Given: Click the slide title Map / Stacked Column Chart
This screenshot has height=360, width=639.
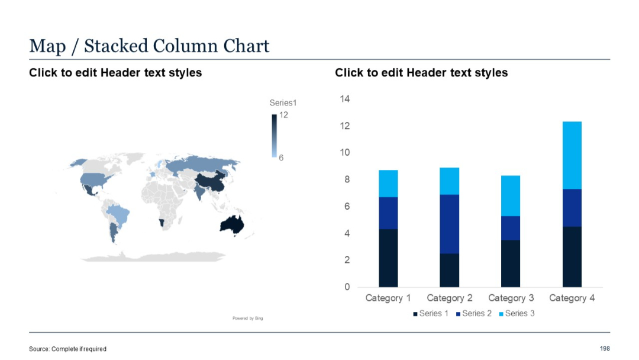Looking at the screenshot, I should click(x=149, y=46).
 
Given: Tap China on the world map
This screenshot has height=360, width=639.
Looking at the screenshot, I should click(x=210, y=183).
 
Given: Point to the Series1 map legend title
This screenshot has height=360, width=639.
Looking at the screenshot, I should click(x=282, y=103).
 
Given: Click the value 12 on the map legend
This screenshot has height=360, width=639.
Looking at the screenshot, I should click(x=283, y=115).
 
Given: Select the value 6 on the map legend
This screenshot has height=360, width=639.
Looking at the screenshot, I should click(x=282, y=157).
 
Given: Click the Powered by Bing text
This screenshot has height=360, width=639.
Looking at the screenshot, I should click(x=247, y=319).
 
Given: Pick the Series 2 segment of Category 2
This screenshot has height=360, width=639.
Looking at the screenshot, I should click(x=449, y=224).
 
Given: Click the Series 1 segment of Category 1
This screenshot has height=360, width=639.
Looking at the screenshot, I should click(x=388, y=258).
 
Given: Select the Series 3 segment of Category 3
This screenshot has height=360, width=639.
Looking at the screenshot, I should click(x=511, y=196).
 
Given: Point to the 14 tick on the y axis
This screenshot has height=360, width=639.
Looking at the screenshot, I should click(x=344, y=99).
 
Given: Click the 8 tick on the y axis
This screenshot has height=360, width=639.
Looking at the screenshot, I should click(x=347, y=179).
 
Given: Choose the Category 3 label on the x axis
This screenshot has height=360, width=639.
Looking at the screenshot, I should click(x=511, y=298).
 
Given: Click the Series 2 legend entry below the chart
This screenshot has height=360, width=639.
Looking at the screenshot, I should click(x=473, y=313).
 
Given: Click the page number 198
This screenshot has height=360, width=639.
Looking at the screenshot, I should click(x=604, y=349).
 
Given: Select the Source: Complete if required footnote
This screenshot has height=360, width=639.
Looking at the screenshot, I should click(x=67, y=349).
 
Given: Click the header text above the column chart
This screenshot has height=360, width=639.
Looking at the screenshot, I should click(x=421, y=73).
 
